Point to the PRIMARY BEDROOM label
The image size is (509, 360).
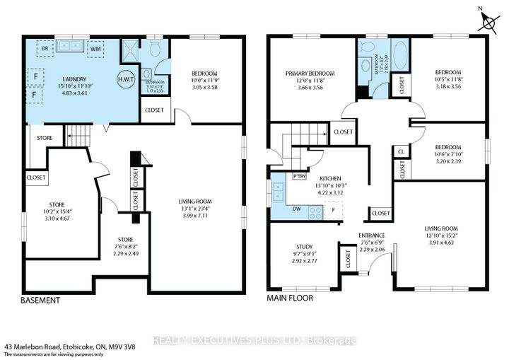(309, 74)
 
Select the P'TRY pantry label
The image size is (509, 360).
(299, 176)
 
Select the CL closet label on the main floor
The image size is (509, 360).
(400, 151)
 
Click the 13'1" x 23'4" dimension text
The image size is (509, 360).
(196, 208)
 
